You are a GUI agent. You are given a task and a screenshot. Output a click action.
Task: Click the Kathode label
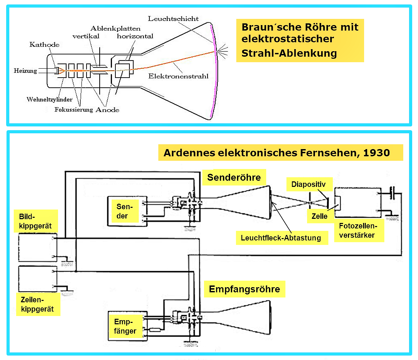pyautogui.click(x=45, y=45)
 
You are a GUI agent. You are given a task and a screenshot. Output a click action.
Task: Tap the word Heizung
pyautogui.click(x=25, y=71)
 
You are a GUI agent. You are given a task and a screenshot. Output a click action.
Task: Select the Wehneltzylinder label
pyautogui.click(x=49, y=99)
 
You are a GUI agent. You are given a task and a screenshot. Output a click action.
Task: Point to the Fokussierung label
pyautogui.click(x=74, y=110)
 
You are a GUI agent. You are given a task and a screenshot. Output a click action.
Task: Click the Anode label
pyautogui.click(x=108, y=110)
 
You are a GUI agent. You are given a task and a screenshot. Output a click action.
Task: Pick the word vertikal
pyautogui.click(x=86, y=36)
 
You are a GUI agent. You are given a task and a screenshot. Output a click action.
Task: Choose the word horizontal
pyautogui.click(x=135, y=36)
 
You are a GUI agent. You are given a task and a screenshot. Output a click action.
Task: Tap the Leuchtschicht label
pyautogui.click(x=173, y=19)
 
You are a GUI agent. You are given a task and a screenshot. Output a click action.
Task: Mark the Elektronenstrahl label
pyautogui.click(x=178, y=76)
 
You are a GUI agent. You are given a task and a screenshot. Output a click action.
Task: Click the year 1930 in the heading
pyautogui.click(x=376, y=153)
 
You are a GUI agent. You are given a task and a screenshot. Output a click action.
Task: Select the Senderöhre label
pyautogui.click(x=234, y=177)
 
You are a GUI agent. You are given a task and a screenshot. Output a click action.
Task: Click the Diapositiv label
pyautogui.click(x=308, y=184)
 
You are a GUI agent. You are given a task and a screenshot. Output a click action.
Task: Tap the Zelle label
pyautogui.click(x=319, y=216)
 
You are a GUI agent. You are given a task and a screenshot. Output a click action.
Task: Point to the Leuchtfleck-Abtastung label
pyautogui.click(x=281, y=238)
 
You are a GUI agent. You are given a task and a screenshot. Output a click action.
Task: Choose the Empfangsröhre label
pyautogui.click(x=244, y=289)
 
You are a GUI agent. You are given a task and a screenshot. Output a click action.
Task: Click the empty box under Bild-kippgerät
pyautogui.click(x=38, y=247)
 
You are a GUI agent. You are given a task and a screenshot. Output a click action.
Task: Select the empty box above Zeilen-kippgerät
pyautogui.click(x=38, y=279)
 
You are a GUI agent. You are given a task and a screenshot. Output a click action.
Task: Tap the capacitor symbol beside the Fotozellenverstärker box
pyautogui.click(x=392, y=193)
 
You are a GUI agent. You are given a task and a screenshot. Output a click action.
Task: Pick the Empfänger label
pyautogui.click(x=125, y=326)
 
